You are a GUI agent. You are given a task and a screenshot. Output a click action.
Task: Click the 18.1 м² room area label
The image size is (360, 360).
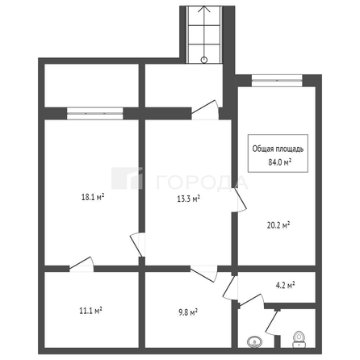(x=94, y=195)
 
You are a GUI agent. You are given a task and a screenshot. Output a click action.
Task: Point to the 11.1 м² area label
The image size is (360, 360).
(x=90, y=309)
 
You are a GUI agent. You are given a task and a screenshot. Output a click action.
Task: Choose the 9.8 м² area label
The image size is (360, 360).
(x=187, y=311)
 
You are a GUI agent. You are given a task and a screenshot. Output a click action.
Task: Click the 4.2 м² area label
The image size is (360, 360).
(x=285, y=285)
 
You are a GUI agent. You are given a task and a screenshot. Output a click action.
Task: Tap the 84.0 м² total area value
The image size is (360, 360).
(x=278, y=161)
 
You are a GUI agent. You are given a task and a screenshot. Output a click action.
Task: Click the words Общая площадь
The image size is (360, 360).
(x=278, y=149)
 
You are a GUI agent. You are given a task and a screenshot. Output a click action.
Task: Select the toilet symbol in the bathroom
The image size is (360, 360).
(x=299, y=337)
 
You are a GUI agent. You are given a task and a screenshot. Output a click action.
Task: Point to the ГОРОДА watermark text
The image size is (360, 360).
(x=190, y=180)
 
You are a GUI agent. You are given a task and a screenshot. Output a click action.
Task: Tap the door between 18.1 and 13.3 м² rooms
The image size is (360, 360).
(x=138, y=245)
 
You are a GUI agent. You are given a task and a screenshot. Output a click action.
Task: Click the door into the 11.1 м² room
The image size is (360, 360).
(x=82, y=263)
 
